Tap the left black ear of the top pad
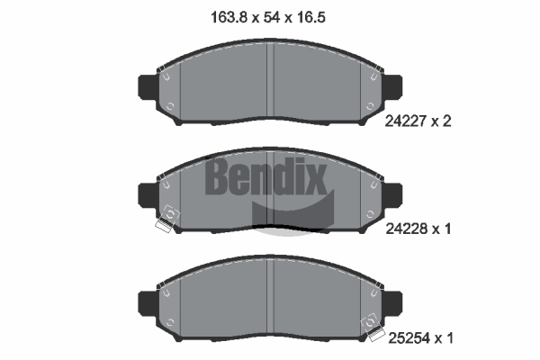147,85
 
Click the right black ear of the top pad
394,85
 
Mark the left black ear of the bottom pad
147,301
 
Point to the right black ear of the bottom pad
394,301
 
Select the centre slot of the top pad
271,81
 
